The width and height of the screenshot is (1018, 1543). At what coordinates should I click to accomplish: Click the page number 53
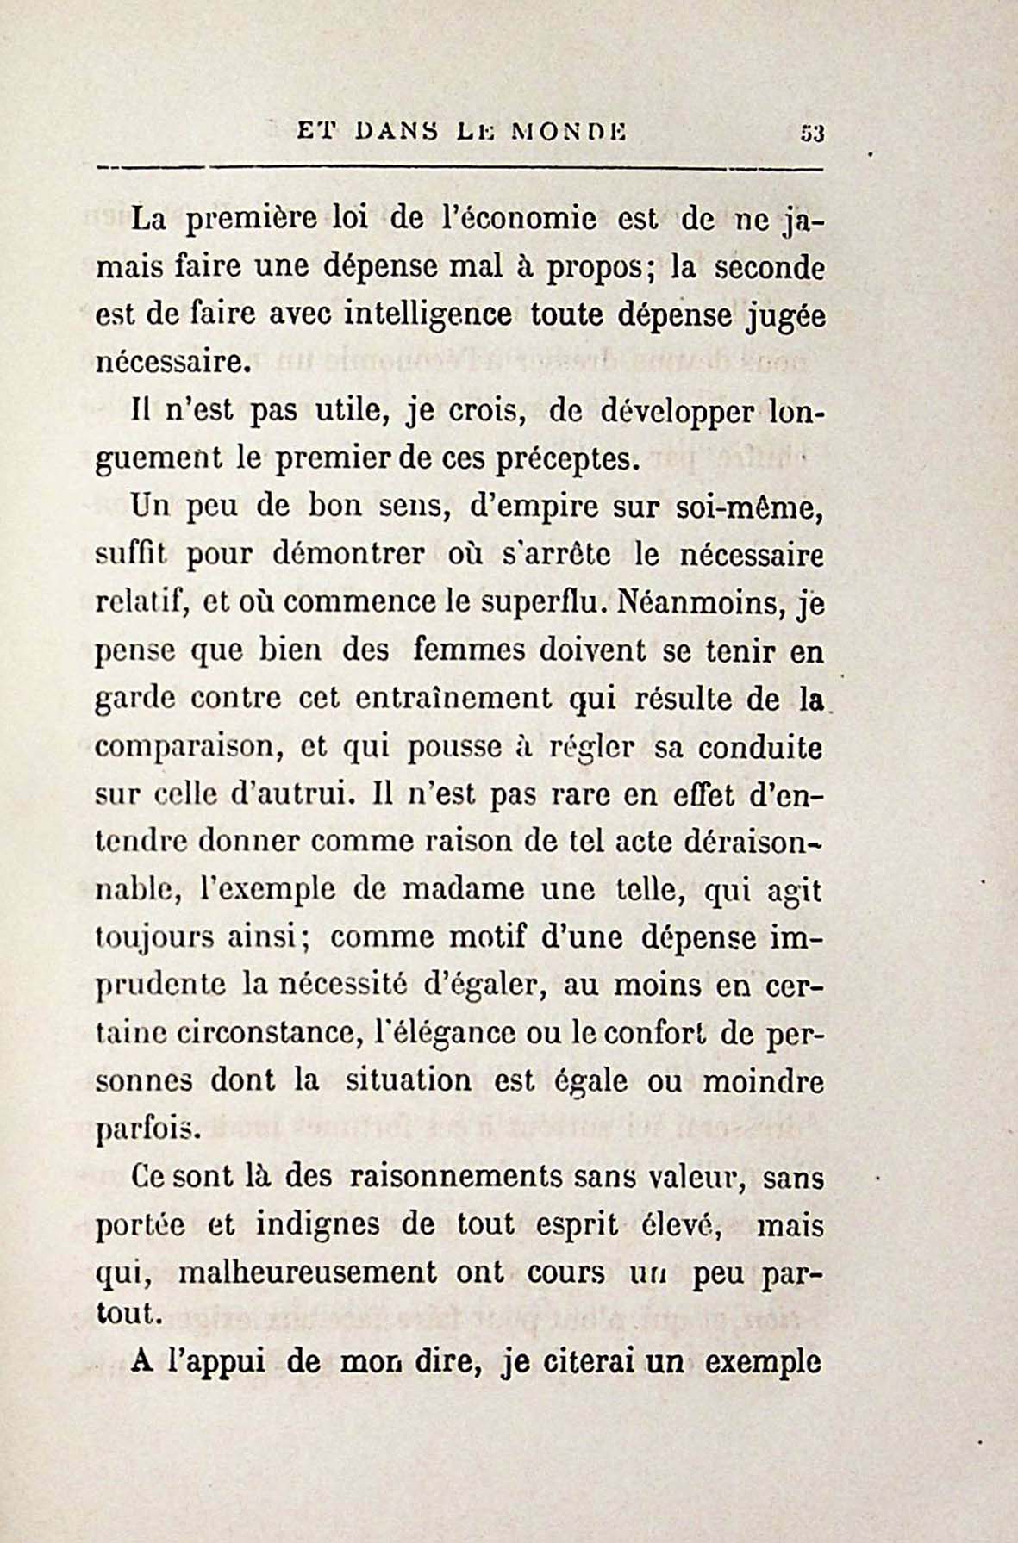tap(813, 134)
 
